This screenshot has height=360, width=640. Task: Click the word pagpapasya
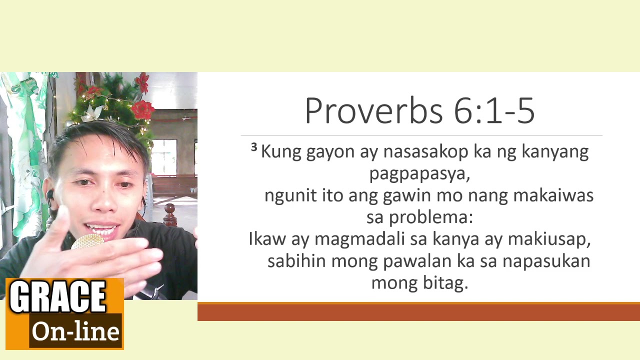click(419, 174)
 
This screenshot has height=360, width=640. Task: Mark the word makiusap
click(549, 239)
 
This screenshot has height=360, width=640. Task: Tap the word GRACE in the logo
click(58, 296)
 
